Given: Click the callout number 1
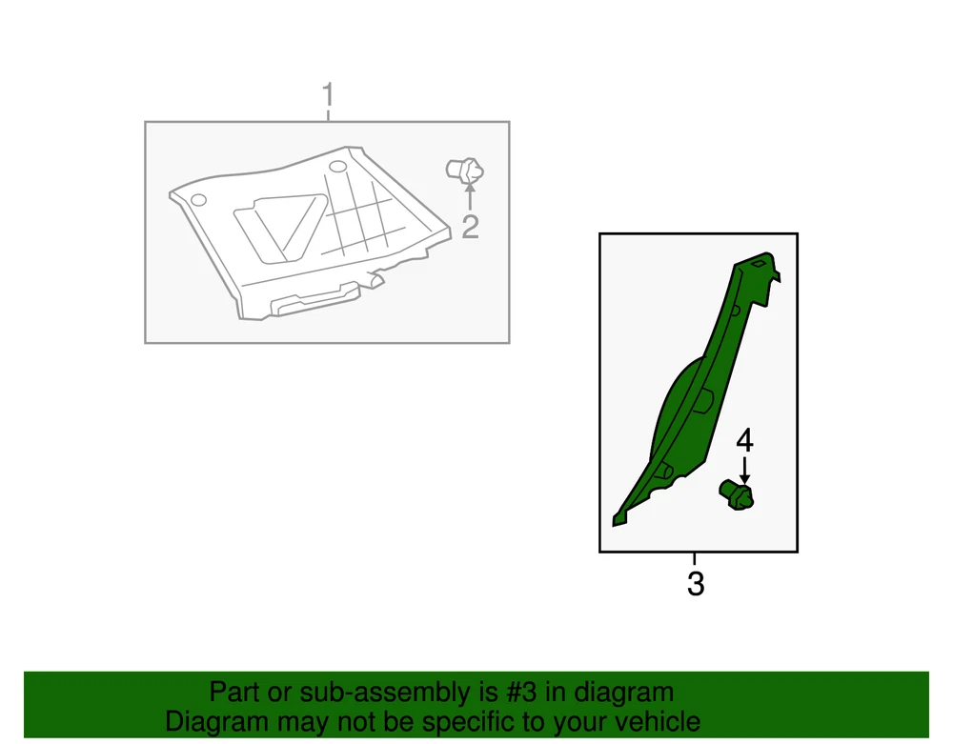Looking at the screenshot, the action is click(328, 95).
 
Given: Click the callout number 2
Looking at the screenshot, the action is click(471, 227).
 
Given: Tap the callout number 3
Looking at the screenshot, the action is click(696, 584).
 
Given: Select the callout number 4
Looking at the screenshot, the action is click(744, 440).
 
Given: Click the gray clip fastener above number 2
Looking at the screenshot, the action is click(465, 171).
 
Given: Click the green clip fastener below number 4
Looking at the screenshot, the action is click(737, 495).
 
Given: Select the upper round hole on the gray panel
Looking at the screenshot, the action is click(338, 167).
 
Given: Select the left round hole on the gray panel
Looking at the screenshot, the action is click(198, 200).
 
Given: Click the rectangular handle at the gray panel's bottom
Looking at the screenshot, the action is click(314, 299).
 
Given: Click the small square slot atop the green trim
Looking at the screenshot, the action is click(759, 264).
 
